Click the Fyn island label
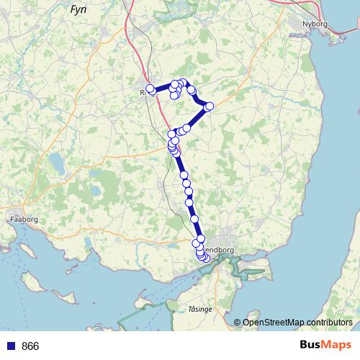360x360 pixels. (x=78, y=10)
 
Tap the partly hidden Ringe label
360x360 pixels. (x=143, y=92)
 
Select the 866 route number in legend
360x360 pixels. (x=30, y=346)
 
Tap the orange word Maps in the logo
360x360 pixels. (x=336, y=346)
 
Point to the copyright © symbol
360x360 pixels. (x=238, y=323)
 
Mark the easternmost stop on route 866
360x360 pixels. (x=210, y=107)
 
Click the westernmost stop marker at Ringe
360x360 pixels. (x=150, y=90)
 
